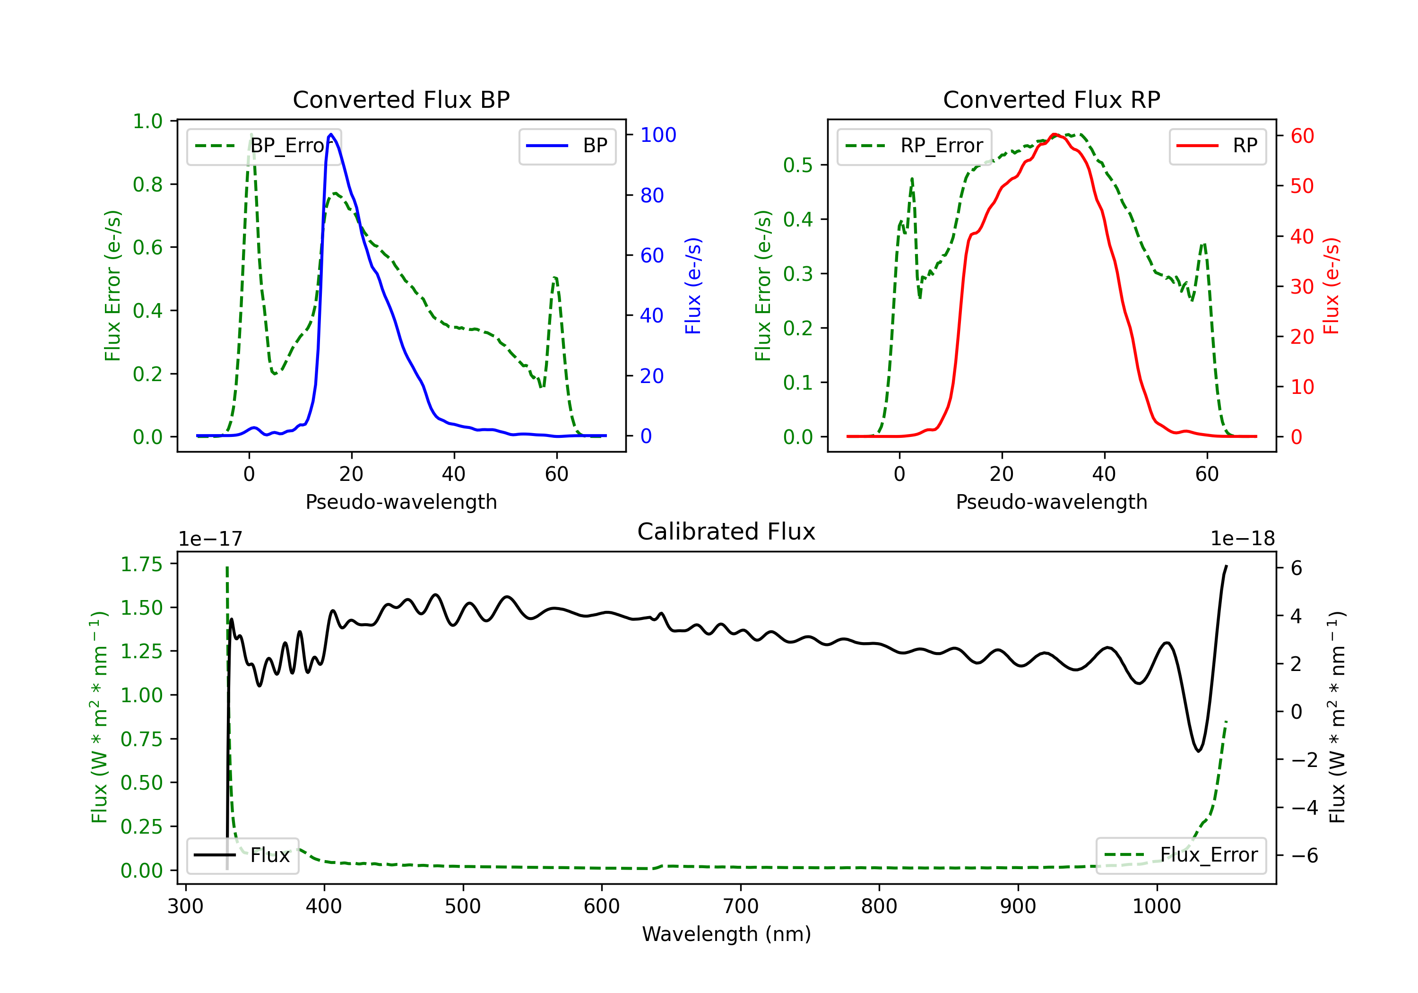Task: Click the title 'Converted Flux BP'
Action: (x=401, y=99)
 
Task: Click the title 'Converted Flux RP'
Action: (x=1051, y=99)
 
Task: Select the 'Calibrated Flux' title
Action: (x=726, y=531)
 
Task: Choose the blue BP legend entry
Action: (x=567, y=146)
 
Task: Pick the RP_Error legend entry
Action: (x=914, y=146)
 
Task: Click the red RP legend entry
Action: (x=1217, y=146)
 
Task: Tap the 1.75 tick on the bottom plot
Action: (x=141, y=564)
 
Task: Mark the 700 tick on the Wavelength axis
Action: (x=741, y=906)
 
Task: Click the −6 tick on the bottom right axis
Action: (x=1305, y=855)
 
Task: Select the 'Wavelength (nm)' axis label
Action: (x=726, y=934)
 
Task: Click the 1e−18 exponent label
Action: (x=1243, y=539)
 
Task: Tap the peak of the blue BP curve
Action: (x=331, y=134)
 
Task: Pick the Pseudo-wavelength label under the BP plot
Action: (x=401, y=502)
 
